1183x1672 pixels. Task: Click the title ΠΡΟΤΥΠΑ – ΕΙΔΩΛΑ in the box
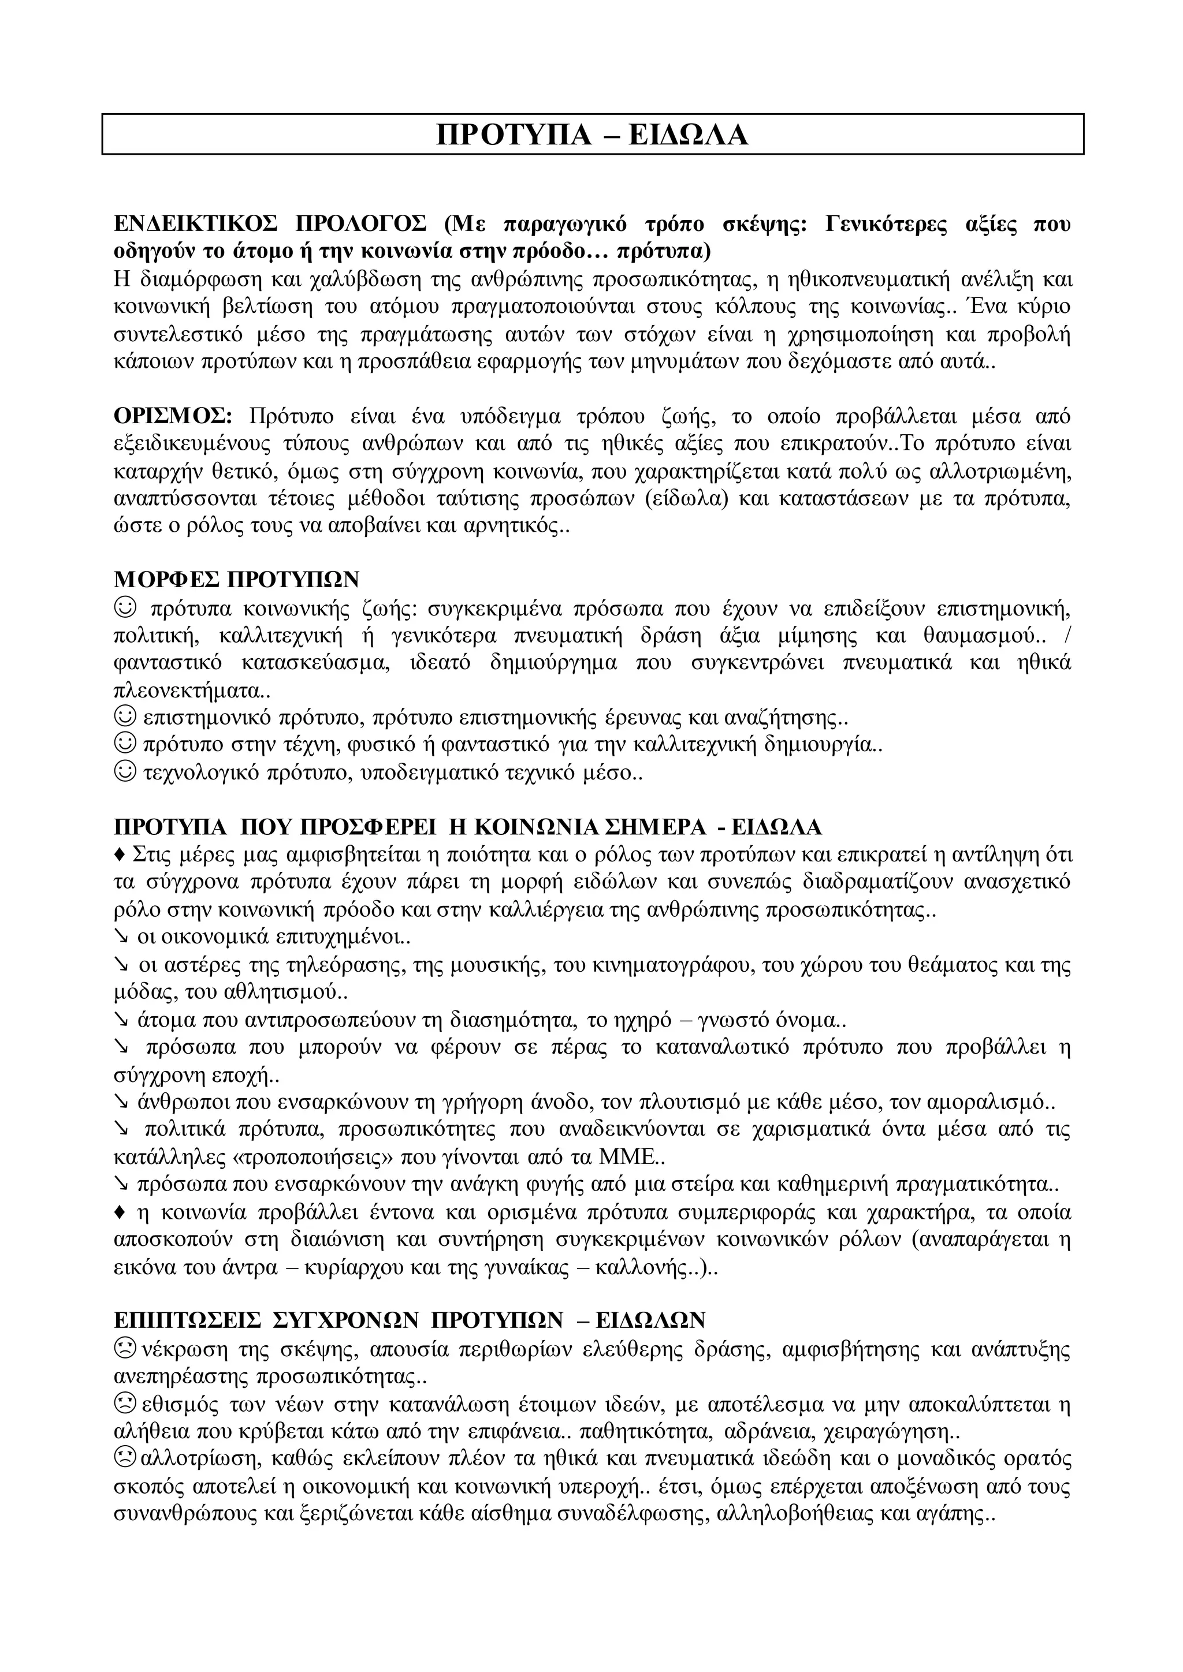click(x=591, y=135)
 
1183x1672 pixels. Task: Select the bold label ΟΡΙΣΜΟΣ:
click(x=173, y=416)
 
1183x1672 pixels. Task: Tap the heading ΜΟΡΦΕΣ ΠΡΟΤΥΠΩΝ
click(x=237, y=579)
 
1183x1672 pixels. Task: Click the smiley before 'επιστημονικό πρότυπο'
click(x=126, y=717)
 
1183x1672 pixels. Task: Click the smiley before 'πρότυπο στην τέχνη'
click(x=126, y=744)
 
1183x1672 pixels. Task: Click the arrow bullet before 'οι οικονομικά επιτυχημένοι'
click(x=122, y=936)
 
